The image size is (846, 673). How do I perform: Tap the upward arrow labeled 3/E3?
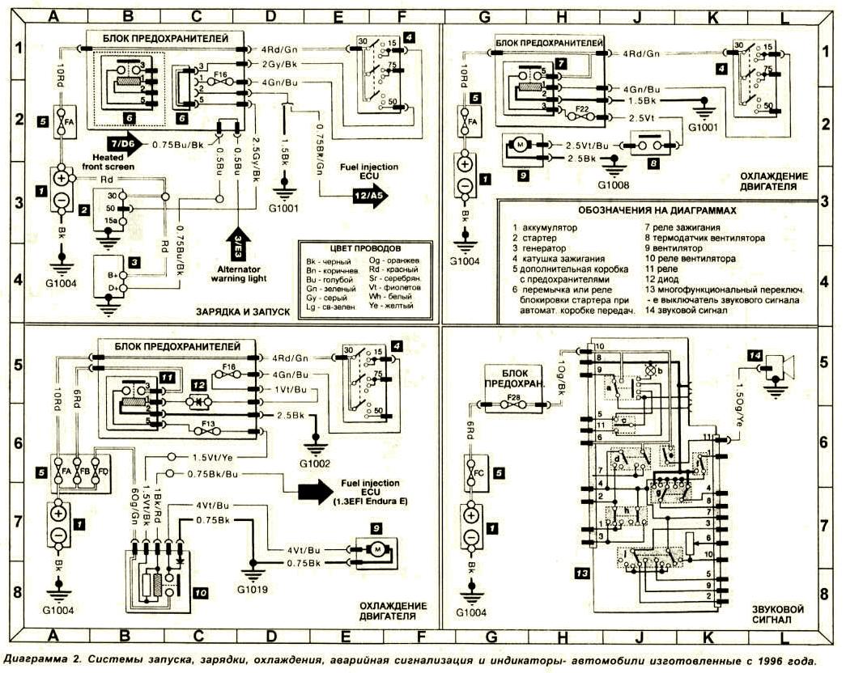(x=238, y=241)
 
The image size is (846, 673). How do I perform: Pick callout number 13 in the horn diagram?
(x=582, y=574)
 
